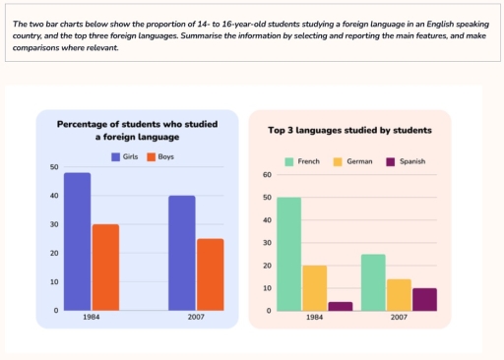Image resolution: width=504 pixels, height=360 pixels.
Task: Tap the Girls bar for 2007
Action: pos(181,253)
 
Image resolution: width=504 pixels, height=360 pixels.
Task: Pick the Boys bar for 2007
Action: pos(210,273)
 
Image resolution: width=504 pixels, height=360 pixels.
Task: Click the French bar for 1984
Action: pos(288,254)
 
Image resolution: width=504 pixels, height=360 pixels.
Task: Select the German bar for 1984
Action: pos(314,287)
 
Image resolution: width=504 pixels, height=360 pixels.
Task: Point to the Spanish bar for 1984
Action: pos(339,306)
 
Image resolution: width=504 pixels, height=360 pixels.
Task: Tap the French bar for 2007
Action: pos(373,282)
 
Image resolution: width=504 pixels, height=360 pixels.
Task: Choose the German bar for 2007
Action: pos(399,294)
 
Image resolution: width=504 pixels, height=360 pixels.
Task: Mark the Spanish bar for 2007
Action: pos(423,299)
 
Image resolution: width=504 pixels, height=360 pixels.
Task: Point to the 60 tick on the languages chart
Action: pos(267,175)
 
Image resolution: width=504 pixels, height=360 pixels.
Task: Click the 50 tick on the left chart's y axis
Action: pos(54,167)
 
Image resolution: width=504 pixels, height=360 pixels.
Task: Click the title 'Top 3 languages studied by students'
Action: pos(349,130)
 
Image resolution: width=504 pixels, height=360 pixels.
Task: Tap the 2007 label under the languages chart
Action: pos(399,319)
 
